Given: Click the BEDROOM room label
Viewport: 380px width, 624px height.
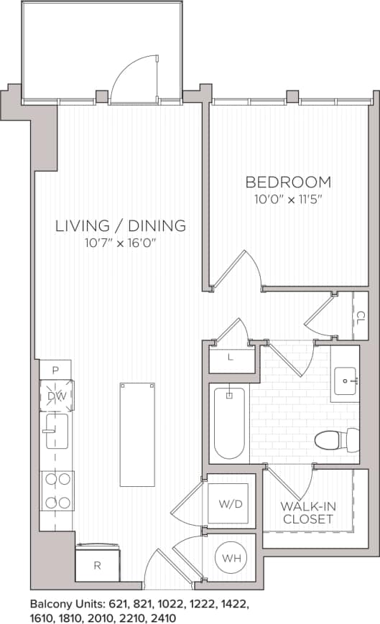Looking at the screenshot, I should [x=288, y=182].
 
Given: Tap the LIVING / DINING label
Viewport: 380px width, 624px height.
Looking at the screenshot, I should [x=121, y=225].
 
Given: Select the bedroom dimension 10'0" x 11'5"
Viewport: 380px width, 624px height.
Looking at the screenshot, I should [x=288, y=199].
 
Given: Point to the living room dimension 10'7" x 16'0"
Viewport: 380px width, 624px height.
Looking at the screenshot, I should [x=121, y=243].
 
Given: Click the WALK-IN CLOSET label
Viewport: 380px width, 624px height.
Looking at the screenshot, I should [x=307, y=512].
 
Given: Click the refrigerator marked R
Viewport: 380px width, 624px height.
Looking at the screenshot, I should [x=97, y=565].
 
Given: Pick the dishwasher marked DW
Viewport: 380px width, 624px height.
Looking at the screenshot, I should [x=56, y=396].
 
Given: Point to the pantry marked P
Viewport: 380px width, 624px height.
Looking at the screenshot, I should [x=55, y=371].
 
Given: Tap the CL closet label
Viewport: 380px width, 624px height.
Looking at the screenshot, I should [x=361, y=315].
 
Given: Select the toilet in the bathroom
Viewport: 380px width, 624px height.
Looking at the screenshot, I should [x=335, y=438].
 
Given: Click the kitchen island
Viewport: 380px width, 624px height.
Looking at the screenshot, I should [x=137, y=434].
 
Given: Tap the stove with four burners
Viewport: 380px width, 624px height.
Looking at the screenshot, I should [x=57, y=490].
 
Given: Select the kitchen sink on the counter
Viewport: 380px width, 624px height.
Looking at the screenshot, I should [x=56, y=431].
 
